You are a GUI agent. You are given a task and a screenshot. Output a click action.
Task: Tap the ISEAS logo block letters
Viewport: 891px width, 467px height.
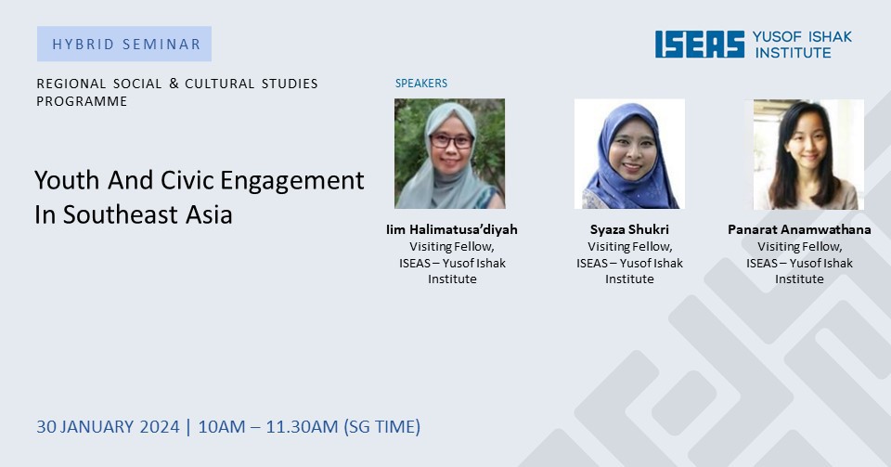tap(700, 44)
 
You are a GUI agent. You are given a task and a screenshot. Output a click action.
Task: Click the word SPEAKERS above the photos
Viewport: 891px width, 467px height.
tap(421, 83)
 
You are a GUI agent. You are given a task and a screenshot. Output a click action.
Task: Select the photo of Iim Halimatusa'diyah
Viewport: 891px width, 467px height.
tap(449, 153)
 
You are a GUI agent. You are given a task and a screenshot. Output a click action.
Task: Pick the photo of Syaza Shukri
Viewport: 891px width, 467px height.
tap(629, 153)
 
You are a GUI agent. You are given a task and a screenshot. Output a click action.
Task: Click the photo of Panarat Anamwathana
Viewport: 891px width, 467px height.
tap(808, 154)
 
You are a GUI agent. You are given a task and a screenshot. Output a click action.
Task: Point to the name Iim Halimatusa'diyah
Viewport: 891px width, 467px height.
tap(452, 229)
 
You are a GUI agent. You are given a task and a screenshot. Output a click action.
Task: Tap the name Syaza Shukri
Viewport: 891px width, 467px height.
tap(629, 229)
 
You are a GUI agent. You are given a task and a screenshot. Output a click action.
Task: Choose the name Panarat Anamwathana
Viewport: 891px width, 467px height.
tap(799, 229)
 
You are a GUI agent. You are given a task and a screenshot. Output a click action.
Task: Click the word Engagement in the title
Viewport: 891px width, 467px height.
tap(292, 182)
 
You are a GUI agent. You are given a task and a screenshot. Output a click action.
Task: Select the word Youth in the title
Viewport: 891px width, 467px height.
tap(67, 180)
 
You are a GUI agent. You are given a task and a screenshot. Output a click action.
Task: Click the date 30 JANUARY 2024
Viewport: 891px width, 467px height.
tap(108, 427)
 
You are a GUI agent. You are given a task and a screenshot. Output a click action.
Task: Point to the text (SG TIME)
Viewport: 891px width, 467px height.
tap(381, 427)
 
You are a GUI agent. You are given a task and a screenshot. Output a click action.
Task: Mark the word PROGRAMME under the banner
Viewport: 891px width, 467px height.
tap(82, 101)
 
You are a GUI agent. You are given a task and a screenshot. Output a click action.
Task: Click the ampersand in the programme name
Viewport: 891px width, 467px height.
tap(174, 84)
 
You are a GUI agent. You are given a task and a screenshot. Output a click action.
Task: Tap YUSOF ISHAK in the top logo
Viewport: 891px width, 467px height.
tap(802, 37)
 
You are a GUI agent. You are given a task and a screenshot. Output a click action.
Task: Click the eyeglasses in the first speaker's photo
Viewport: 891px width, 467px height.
tap(452, 140)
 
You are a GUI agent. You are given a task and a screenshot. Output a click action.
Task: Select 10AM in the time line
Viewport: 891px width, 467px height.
tap(222, 427)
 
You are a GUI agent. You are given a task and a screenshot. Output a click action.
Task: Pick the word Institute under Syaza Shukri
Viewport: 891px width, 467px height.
tap(629, 279)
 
